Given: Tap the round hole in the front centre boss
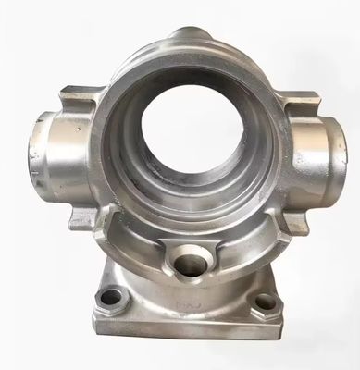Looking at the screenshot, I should [188, 265].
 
